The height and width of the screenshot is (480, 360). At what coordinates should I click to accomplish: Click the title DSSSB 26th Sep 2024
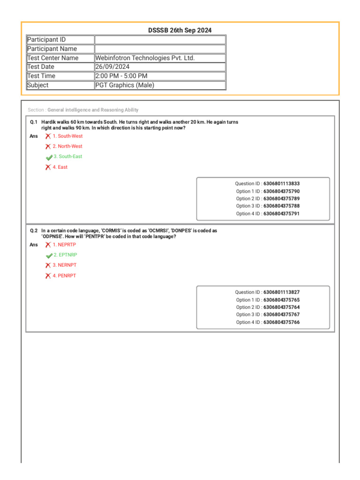[180, 30]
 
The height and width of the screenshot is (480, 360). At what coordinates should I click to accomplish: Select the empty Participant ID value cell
[160, 40]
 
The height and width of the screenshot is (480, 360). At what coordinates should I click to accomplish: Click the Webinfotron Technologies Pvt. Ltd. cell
[145, 58]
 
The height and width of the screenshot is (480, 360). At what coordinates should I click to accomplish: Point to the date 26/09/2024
[112, 67]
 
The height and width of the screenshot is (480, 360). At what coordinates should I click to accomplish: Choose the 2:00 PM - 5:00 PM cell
[121, 76]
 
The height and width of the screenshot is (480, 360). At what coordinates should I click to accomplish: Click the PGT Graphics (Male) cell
[125, 85]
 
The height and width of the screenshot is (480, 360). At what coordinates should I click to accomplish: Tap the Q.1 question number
[34, 122]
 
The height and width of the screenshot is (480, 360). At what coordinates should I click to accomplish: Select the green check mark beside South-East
[49, 157]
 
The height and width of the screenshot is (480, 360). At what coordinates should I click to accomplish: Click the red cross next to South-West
[48, 136]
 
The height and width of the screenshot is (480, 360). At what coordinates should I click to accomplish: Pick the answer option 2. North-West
[67, 146]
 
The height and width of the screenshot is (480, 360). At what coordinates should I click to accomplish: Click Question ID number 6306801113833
[281, 184]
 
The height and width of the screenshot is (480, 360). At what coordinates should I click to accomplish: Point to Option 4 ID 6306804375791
[281, 214]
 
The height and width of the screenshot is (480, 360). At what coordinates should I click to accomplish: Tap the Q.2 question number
[34, 231]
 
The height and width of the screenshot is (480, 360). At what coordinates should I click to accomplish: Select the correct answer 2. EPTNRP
[65, 255]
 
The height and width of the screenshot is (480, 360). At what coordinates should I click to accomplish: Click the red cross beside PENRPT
[48, 276]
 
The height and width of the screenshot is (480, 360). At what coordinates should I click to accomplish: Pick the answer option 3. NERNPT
[64, 265]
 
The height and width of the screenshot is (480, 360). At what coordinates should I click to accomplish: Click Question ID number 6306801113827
[281, 292]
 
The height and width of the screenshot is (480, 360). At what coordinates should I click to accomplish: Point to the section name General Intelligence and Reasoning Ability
[93, 110]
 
